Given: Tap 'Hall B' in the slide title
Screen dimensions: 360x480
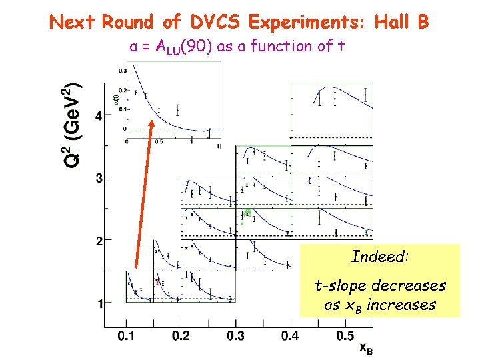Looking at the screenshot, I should click(x=402, y=23).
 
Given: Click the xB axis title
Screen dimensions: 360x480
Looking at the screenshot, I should click(x=366, y=348).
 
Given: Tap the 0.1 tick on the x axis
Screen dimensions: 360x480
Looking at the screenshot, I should click(x=125, y=336).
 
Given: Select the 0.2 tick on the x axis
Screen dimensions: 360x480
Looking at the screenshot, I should click(x=181, y=336).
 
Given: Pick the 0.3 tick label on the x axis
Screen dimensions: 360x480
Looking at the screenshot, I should click(x=235, y=336).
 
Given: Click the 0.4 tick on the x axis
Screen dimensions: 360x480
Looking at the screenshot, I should click(x=290, y=336).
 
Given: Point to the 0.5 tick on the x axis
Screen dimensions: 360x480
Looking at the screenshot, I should click(x=345, y=336).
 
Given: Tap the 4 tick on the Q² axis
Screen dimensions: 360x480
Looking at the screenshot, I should click(x=99, y=116).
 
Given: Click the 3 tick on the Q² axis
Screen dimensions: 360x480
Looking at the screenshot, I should click(x=99, y=178).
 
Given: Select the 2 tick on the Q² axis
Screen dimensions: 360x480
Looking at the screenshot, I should click(x=99, y=240).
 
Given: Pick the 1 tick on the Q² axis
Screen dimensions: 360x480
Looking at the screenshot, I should click(x=99, y=303).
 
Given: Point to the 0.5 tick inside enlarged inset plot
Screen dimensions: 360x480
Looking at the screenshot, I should click(x=159, y=142).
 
